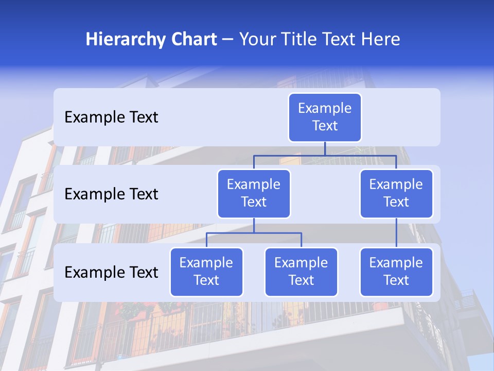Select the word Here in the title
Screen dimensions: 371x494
[x=381, y=40]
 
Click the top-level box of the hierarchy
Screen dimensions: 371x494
[x=325, y=117]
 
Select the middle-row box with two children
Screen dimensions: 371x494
[x=254, y=193]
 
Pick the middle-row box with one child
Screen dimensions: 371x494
[x=396, y=193]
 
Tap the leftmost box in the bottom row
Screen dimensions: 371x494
[x=206, y=272]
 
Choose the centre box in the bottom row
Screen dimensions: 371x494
[x=301, y=272]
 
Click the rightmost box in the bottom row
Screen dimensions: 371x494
[x=396, y=272]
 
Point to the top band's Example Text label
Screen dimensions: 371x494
[x=111, y=117]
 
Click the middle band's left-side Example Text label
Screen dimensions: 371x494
[x=111, y=194]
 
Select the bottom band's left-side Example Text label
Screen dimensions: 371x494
[x=111, y=272]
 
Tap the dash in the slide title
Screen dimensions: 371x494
[x=228, y=40]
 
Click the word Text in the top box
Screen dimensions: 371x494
[x=325, y=126]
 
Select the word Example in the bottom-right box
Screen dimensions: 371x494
[x=396, y=263]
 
